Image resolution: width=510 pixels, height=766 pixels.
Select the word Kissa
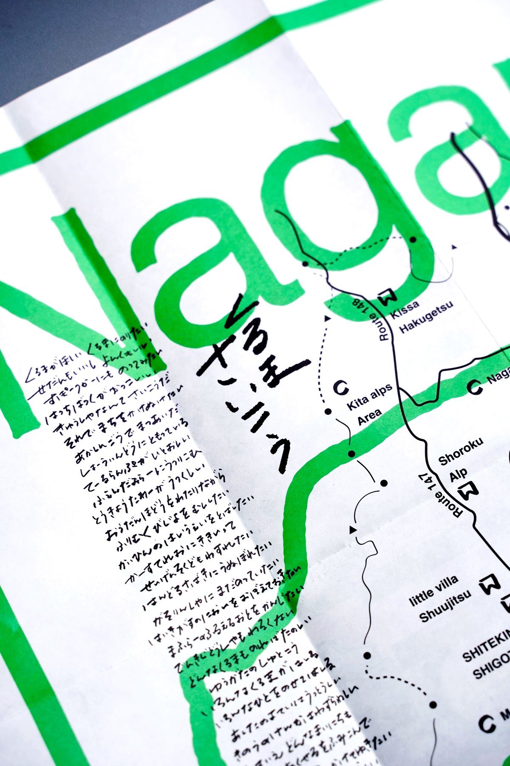click(404, 309)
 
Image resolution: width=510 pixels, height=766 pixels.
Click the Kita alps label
click(369, 398)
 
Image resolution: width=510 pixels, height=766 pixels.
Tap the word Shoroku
click(461, 452)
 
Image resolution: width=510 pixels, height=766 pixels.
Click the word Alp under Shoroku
click(459, 474)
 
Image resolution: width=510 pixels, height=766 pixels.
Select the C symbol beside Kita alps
click(340, 387)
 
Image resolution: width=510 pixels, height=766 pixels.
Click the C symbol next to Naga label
click(475, 386)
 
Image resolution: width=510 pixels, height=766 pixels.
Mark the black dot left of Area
click(328, 411)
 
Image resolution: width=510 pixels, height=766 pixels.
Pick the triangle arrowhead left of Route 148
click(327, 317)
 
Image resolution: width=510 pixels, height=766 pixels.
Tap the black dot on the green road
click(351, 454)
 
